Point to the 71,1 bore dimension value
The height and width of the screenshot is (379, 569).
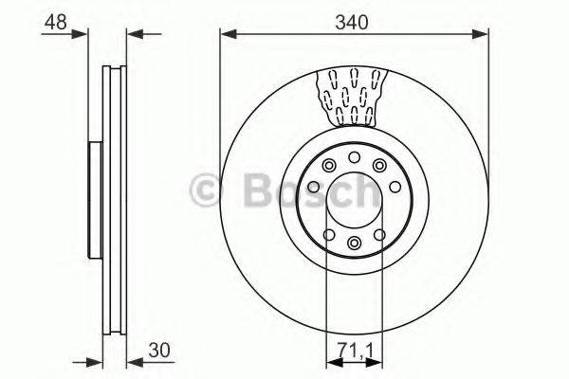click(354, 350)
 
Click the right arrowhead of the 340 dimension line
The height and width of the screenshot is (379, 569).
click(484, 35)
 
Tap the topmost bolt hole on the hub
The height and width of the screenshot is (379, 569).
click(354, 157)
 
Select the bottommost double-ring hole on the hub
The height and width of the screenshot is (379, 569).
click(354, 244)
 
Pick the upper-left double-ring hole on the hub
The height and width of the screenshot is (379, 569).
click(329, 166)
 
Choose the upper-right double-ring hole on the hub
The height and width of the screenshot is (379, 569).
click(379, 166)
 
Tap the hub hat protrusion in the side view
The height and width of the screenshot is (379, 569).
click(94, 200)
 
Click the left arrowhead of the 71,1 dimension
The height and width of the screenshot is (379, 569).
click(331, 361)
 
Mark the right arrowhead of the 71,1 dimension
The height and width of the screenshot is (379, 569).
click(376, 361)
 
